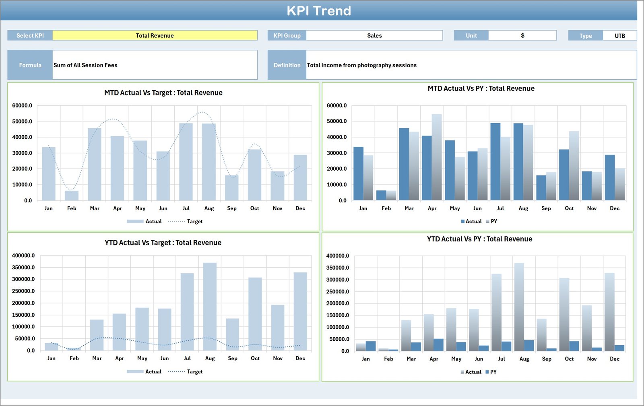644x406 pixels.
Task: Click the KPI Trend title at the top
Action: click(318, 11)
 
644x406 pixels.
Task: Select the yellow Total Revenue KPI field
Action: click(155, 35)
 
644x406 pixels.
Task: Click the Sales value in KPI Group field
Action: click(374, 35)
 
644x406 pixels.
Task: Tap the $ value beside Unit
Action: click(522, 35)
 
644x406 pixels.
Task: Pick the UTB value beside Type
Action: click(619, 35)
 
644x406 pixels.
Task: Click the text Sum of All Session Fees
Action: click(85, 65)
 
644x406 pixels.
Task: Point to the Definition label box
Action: click(287, 65)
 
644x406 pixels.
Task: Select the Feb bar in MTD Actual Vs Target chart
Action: click(72, 196)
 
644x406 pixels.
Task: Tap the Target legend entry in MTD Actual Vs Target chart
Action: click(194, 221)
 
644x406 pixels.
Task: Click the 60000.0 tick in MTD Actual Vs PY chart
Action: click(336, 105)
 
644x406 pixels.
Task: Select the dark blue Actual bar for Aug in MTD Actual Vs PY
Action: click(518, 161)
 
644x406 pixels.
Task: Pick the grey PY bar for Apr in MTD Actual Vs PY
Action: click(437, 157)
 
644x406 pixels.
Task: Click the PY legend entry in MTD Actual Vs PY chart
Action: click(493, 221)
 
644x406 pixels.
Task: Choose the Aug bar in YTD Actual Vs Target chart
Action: click(210, 306)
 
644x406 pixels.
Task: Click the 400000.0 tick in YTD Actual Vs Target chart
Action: click(23, 256)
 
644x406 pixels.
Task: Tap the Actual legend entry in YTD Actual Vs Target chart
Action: click(153, 372)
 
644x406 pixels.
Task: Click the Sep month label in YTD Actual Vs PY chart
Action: click(546, 359)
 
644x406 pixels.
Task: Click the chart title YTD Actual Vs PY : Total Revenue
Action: click(479, 239)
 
